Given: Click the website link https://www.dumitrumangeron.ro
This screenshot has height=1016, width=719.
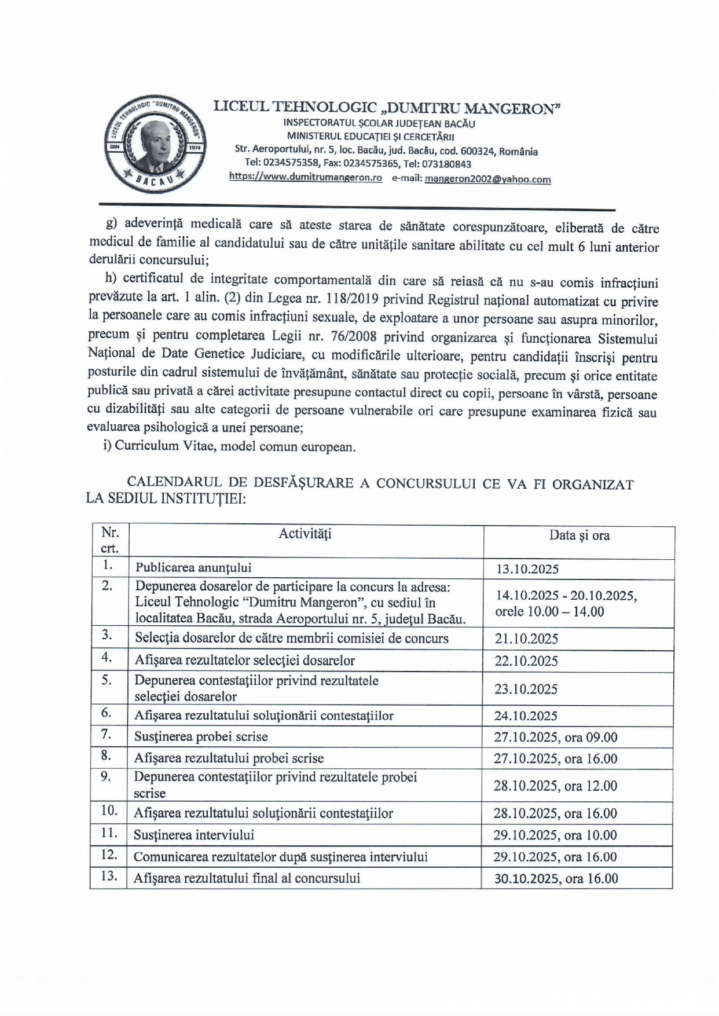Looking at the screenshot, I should click(306, 178).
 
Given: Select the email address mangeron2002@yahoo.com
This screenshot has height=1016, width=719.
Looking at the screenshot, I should click(487, 179).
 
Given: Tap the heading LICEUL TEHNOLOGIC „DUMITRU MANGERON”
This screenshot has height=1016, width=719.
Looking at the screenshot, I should click(387, 107).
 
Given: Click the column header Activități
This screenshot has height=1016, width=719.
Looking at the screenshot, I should click(305, 534).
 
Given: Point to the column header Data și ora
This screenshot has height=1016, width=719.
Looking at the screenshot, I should click(579, 535).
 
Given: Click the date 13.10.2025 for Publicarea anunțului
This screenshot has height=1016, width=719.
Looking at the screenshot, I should click(527, 568).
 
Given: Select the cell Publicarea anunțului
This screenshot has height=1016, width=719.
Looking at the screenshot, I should click(193, 567).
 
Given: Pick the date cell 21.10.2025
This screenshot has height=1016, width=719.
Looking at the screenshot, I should click(526, 639).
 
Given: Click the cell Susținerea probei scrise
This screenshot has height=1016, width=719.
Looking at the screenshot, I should click(201, 736).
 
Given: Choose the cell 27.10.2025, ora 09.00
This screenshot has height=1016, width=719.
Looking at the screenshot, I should click(555, 737).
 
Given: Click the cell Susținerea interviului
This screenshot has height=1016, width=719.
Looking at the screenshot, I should click(194, 835).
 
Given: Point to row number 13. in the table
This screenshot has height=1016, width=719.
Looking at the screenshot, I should click(109, 876).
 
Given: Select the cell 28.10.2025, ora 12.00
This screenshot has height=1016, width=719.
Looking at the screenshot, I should click(555, 786).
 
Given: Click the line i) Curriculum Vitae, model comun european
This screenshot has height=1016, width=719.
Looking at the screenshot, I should click(229, 446).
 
